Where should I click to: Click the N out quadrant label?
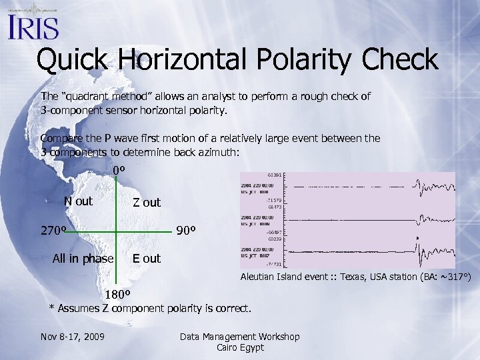click(x=78, y=201)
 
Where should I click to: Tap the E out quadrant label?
click(x=146, y=259)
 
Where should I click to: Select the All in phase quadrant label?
click(x=83, y=259)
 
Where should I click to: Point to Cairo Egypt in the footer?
click(x=240, y=347)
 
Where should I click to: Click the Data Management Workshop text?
click(x=240, y=337)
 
